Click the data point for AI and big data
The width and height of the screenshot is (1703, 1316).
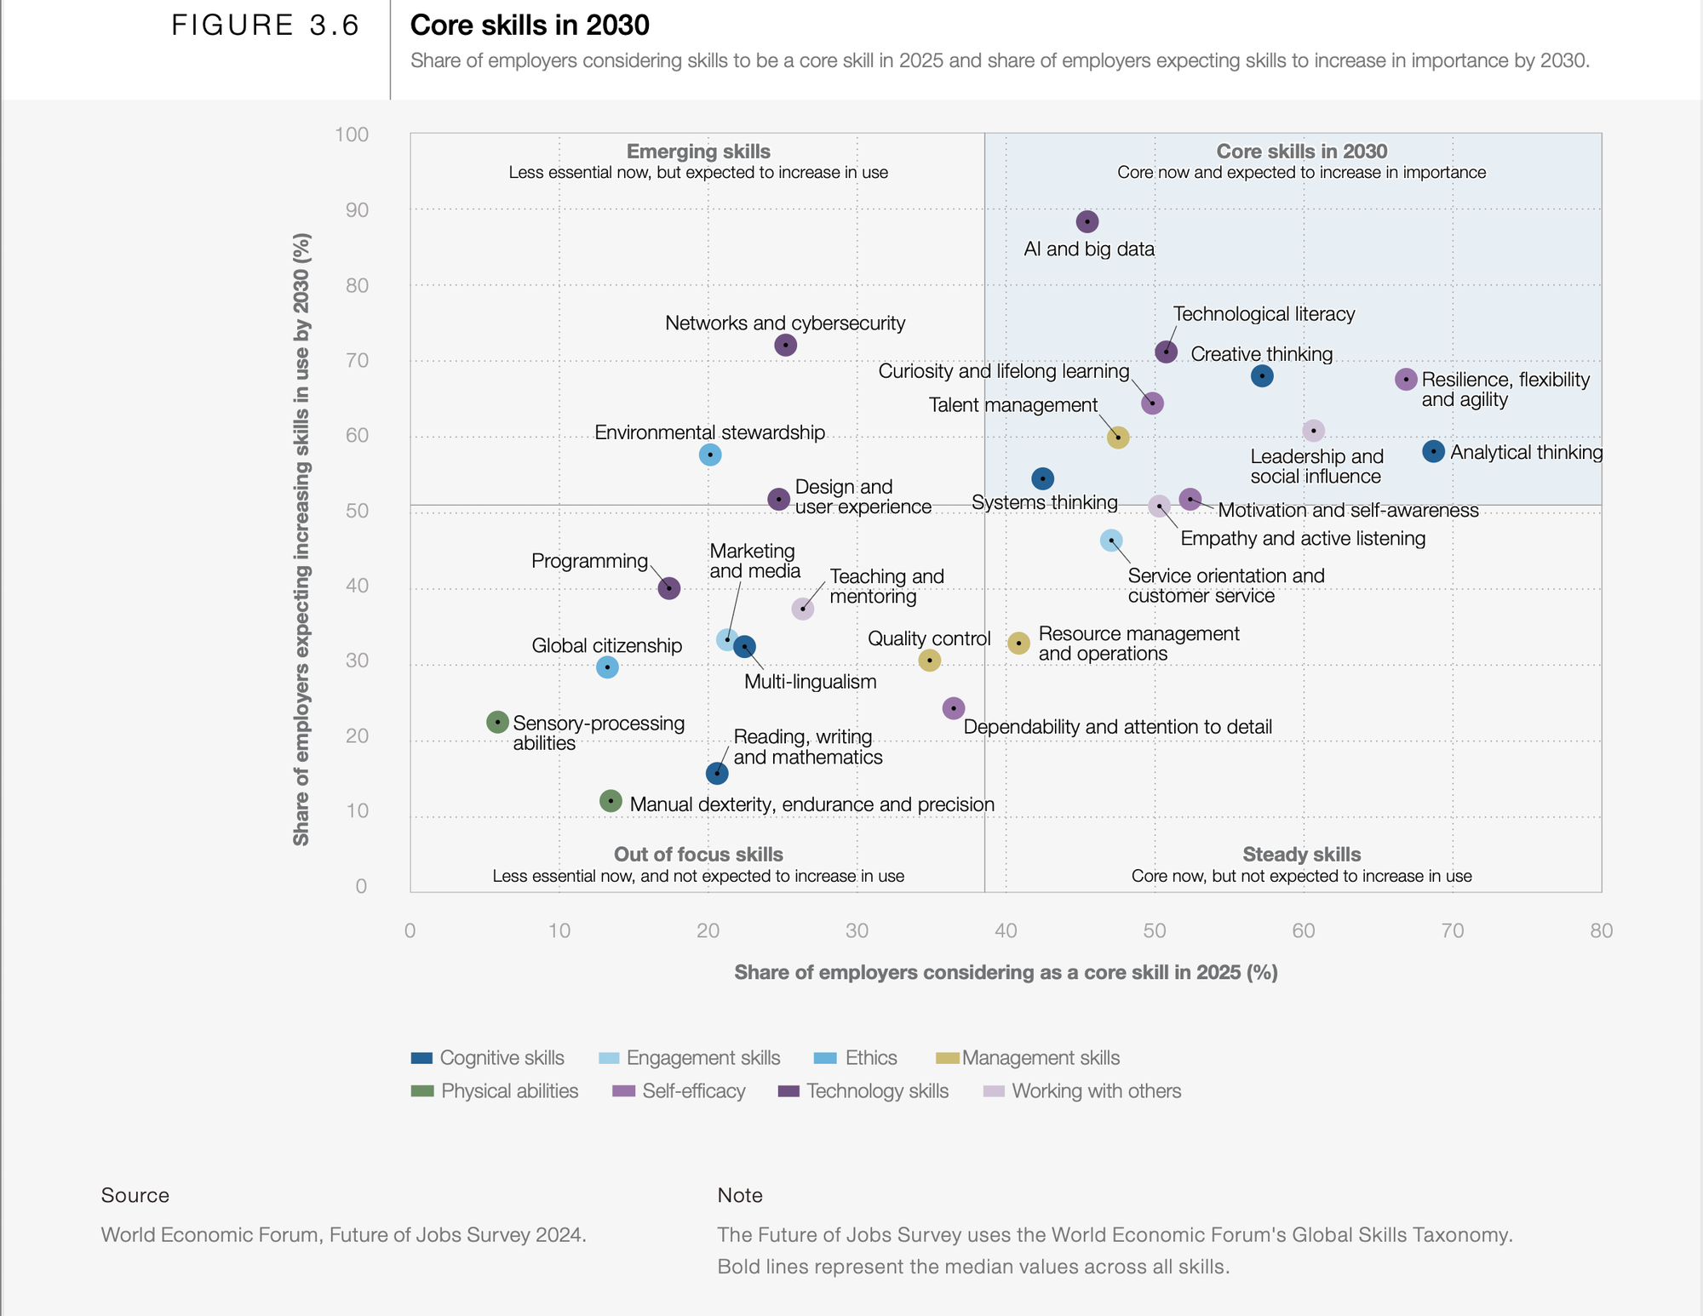pos(1087,222)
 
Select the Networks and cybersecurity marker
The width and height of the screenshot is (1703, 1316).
pos(785,345)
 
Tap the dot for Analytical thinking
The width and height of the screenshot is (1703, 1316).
pos(1433,451)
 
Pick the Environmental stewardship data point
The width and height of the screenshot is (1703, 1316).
pos(710,455)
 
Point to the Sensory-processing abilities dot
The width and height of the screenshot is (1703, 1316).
pos(497,722)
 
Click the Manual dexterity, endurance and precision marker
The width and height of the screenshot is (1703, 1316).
pos(611,801)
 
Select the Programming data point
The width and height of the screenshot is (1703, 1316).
pos(669,588)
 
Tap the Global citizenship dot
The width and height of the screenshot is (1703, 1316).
pos(607,667)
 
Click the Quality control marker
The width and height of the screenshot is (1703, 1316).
pos(929,660)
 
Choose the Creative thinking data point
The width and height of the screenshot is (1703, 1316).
pos(1262,375)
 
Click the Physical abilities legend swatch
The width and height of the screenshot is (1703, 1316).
pos(422,1091)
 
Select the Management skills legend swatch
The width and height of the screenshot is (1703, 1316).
pos(948,1058)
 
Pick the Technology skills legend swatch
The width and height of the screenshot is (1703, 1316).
pos(788,1091)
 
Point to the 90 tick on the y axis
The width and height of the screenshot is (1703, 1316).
pos(357,209)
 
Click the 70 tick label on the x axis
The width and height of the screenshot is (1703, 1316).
pos(1453,930)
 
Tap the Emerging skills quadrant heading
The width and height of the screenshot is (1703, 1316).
pos(698,152)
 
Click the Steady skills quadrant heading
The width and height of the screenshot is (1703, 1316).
pos(1301,855)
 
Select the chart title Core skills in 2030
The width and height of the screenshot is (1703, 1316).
pos(530,26)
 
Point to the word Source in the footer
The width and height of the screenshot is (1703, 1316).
pos(135,1195)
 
